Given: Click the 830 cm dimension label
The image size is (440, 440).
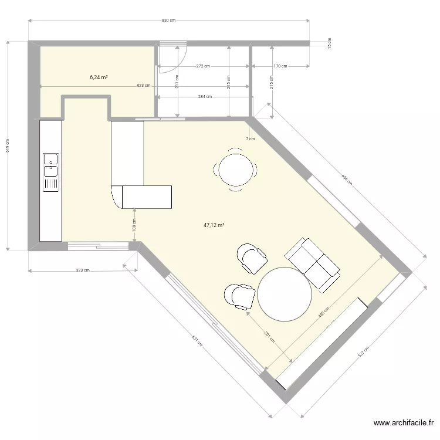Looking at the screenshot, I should pyautogui.click(x=168, y=21).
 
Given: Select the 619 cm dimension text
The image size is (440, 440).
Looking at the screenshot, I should pyautogui.click(x=7, y=145).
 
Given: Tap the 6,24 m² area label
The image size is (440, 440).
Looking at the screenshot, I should pyautogui.click(x=99, y=77).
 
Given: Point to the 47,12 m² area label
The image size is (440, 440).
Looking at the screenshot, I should pyautogui.click(x=214, y=225).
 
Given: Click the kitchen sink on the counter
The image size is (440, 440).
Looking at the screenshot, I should pyautogui.click(x=50, y=164).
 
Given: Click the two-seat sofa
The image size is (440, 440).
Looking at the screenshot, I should pyautogui.click(x=312, y=264).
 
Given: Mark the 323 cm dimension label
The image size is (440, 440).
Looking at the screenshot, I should pyautogui.click(x=83, y=270).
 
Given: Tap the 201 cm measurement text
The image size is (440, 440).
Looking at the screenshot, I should pyautogui.click(x=266, y=337).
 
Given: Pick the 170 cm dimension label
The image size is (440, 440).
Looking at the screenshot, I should pyautogui.click(x=280, y=66).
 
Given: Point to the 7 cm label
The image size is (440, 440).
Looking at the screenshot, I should pyautogui.click(x=251, y=139).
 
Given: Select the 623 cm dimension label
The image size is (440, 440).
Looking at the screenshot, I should pyautogui.click(x=143, y=86).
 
